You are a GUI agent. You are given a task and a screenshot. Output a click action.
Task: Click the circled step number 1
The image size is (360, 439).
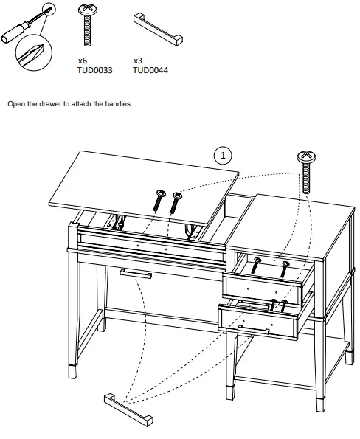click(223, 155)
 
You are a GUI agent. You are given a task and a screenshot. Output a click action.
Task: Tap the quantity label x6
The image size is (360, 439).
click(82, 62)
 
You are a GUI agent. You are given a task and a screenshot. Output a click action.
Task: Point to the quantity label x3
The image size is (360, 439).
click(138, 62)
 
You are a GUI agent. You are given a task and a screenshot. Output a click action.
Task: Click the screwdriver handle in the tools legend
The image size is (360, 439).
click(17, 33)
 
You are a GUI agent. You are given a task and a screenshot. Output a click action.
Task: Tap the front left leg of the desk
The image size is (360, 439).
click(73, 310)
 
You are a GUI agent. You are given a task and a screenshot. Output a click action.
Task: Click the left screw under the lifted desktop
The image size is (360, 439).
click(159, 199)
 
